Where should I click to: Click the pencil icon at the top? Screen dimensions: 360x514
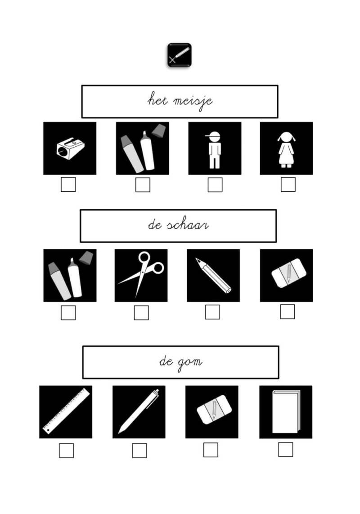180,55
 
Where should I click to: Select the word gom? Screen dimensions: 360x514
190,363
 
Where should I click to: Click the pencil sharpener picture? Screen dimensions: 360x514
70,148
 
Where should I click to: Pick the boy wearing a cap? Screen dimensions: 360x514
215,148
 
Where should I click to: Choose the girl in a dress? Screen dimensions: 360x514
286,148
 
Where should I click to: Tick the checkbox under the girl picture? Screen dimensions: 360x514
288,185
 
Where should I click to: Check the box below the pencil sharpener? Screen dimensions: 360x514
68,185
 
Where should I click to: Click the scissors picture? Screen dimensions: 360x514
141,275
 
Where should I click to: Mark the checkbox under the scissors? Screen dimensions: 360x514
141,313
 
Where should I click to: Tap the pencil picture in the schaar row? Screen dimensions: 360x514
213,275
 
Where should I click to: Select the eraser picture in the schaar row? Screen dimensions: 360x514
286,275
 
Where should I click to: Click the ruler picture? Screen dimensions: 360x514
66,412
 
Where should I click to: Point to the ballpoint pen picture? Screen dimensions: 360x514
139,412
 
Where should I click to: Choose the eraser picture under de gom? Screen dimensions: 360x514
212,412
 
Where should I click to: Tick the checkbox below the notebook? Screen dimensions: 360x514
286,450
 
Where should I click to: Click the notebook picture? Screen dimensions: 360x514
286,412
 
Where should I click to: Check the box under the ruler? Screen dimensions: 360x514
66,451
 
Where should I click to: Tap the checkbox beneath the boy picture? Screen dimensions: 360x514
215,185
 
